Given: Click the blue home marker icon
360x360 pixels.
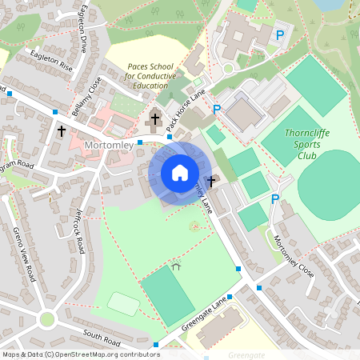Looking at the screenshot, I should tap(180, 172).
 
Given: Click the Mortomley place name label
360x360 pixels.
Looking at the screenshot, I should tap(109, 146).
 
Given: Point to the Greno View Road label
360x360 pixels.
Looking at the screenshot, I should tap(25, 254).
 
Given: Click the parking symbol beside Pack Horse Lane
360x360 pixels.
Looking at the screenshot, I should tap(217, 110).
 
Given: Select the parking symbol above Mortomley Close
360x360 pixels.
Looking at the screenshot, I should tap(275, 200).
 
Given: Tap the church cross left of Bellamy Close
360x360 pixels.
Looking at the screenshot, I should tap(62, 130).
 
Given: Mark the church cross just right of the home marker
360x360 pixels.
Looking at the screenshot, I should tap(211, 182).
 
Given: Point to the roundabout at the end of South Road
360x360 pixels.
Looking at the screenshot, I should tap(47, 319).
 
